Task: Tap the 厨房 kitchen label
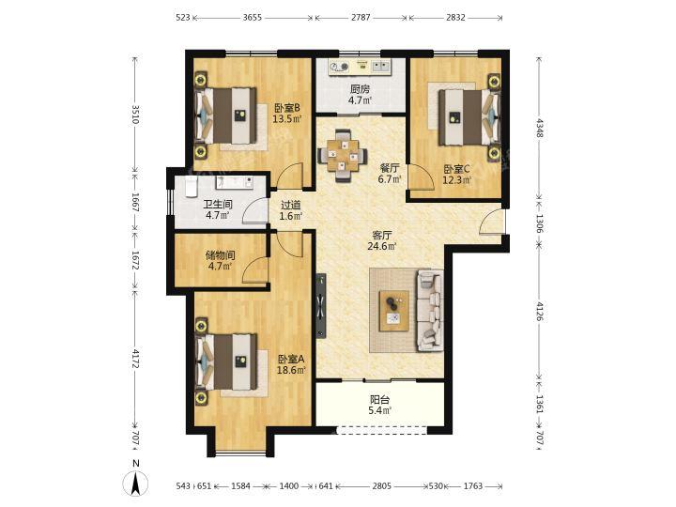[360, 89]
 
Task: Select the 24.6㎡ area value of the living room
[382, 247]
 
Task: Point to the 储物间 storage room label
[220, 255]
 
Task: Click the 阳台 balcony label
[379, 400]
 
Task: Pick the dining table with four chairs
[343, 155]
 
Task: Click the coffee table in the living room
[394, 311]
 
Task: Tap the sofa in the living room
[430, 311]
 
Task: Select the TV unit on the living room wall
[321, 306]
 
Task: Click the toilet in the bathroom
[191, 186]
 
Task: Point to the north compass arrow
[136, 484]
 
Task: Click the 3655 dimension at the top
[253, 18]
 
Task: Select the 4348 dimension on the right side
[539, 127]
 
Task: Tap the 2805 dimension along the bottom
[381, 486]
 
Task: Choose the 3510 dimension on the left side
[135, 115]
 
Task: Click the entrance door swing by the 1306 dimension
[491, 222]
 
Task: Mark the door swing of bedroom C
[422, 177]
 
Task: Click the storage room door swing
[255, 269]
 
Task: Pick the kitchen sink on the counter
[380, 67]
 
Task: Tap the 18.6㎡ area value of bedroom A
[291, 370]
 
